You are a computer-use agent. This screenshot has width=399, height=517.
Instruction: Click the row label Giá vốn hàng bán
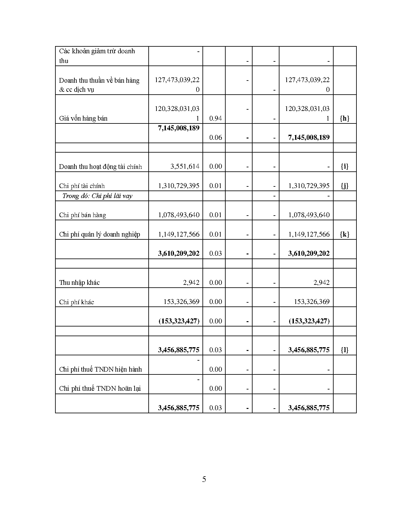point(83,118)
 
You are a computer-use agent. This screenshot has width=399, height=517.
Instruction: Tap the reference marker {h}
point(345,118)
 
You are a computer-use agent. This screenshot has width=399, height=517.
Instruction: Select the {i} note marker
point(345,166)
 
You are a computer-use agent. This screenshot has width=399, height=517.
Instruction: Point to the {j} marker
point(345,186)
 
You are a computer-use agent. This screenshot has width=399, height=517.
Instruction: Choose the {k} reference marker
point(345,234)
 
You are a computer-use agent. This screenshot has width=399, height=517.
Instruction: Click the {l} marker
point(345,350)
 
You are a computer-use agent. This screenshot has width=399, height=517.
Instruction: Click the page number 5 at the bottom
point(204,479)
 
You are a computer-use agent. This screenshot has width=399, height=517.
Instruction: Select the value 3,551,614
point(185,166)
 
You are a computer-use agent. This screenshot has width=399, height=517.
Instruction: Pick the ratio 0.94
point(215,118)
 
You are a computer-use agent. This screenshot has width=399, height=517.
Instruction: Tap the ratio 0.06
point(215,138)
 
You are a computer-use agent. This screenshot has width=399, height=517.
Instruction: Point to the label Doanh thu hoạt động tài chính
point(100,167)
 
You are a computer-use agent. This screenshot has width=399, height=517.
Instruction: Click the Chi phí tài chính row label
point(82,186)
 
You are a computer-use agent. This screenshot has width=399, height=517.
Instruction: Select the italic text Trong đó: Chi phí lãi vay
point(97,196)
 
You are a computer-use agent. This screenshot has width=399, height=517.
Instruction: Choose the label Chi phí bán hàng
point(83,215)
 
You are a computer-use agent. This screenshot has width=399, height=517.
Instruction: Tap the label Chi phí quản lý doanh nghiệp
point(100,234)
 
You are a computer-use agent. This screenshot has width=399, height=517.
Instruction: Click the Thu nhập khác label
point(79,283)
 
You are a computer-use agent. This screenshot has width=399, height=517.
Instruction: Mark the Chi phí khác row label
point(77,302)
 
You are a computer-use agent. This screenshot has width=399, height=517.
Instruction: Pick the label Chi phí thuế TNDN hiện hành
point(100,369)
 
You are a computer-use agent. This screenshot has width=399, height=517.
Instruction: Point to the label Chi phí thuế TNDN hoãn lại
point(100,389)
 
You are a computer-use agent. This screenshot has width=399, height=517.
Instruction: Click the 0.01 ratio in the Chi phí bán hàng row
point(215,215)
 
